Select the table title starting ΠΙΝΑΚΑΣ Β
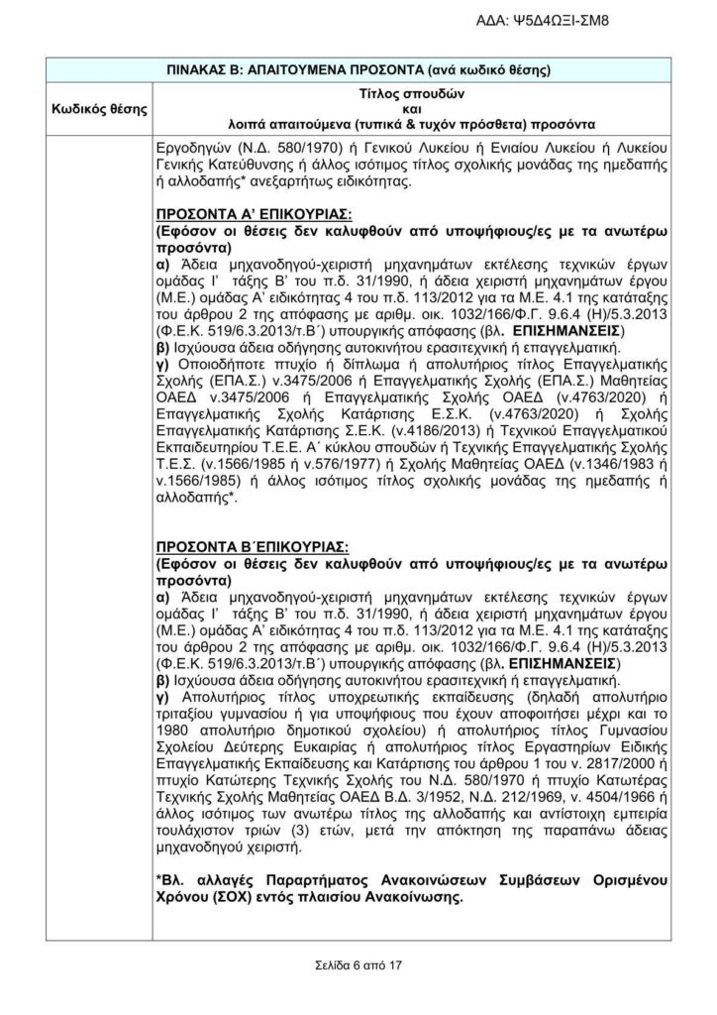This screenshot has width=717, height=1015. pos(360,70)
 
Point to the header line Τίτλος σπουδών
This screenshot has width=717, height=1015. pos(408,92)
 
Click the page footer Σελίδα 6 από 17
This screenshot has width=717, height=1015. pos(358,963)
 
